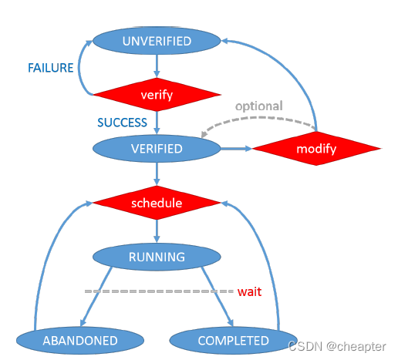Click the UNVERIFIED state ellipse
(x=157, y=41)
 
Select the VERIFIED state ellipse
(x=157, y=149)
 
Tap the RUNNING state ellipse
(x=157, y=257)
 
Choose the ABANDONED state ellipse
(x=80, y=341)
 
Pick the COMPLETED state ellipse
(x=234, y=341)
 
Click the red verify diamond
(x=157, y=95)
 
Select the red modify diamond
(x=316, y=149)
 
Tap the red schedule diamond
(x=157, y=203)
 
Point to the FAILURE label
(x=51, y=68)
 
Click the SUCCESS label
(x=122, y=123)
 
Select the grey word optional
(x=259, y=106)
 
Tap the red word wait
(x=249, y=291)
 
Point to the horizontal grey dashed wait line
(x=159, y=291)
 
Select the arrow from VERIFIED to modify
(x=236, y=149)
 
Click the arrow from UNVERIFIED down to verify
(x=157, y=66)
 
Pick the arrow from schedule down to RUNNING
(x=157, y=231)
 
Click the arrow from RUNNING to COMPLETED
(x=218, y=297)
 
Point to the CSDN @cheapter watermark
(x=337, y=347)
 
